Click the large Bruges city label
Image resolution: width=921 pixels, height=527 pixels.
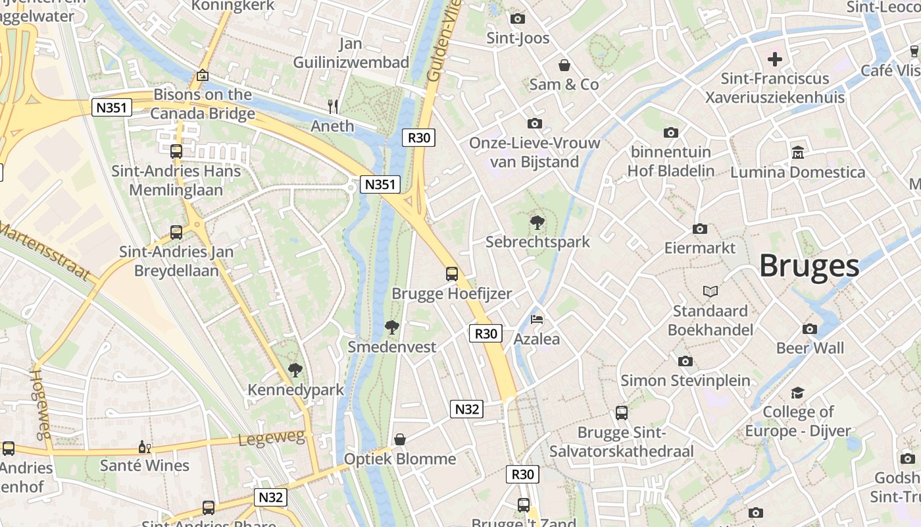(x=809, y=266)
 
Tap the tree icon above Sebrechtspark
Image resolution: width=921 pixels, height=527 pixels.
(x=537, y=222)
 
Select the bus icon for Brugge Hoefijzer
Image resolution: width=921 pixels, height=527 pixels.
(x=452, y=274)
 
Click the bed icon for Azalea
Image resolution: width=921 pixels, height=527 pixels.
(x=537, y=320)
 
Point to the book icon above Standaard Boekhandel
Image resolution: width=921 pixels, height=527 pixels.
(x=710, y=291)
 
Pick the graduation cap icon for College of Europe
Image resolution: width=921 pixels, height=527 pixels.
(x=797, y=393)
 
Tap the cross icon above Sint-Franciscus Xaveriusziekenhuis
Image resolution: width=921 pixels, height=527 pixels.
(x=775, y=59)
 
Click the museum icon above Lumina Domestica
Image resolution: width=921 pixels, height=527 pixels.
(x=798, y=152)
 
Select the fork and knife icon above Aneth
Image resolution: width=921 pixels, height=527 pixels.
(x=333, y=106)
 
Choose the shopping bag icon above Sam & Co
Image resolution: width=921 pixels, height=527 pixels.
(x=564, y=65)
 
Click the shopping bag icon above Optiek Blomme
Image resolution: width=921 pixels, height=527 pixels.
(x=400, y=439)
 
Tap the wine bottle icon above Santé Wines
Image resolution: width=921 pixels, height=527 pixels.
(x=144, y=447)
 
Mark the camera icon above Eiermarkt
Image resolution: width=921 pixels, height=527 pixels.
(x=700, y=229)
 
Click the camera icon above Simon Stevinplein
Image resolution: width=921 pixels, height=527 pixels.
(x=685, y=361)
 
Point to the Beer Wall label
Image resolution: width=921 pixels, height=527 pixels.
(x=810, y=348)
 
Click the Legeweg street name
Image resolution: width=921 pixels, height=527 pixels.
(x=272, y=438)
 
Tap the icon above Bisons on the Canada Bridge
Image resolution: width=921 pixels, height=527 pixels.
(x=203, y=76)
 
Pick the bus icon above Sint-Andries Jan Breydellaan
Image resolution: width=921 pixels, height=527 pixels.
(x=176, y=233)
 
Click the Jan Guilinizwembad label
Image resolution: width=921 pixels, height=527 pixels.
(x=351, y=53)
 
